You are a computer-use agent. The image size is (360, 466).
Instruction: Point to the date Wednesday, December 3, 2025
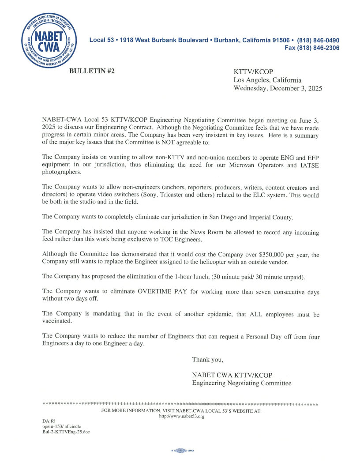point(277,88)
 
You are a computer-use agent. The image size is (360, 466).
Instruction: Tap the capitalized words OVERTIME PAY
point(165,292)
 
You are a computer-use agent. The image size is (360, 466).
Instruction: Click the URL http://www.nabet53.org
point(181,417)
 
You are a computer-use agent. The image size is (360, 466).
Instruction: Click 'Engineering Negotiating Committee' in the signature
point(241,383)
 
